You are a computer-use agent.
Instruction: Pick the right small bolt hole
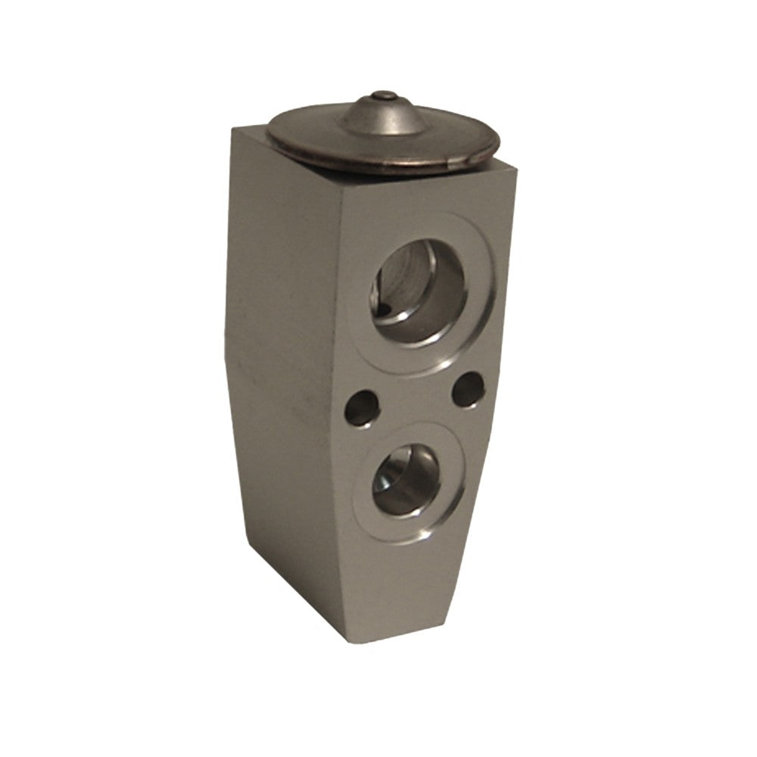[467, 388]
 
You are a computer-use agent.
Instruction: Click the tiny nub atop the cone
[385, 96]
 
